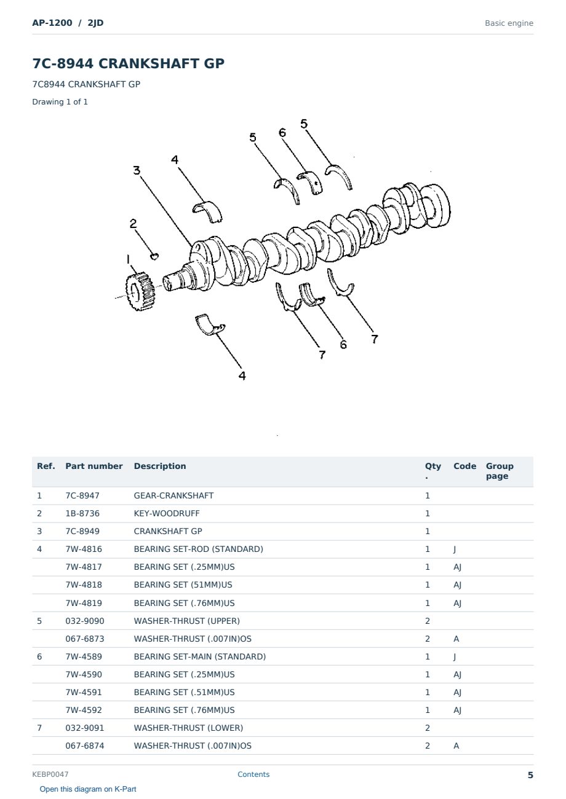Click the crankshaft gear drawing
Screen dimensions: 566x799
[x=140, y=291]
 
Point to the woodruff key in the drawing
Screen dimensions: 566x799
[x=154, y=256]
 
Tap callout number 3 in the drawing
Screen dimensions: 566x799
[x=137, y=170]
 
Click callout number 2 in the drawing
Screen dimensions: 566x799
[x=134, y=224]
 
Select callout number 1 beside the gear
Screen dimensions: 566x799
[x=128, y=259]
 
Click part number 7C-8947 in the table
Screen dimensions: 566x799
[x=82, y=495]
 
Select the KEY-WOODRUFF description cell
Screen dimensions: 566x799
[x=167, y=513]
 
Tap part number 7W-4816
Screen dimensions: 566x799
[x=84, y=549]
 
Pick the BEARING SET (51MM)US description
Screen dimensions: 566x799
[x=183, y=584]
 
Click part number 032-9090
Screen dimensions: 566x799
[x=85, y=621]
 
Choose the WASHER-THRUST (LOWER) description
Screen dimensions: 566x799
[x=188, y=728]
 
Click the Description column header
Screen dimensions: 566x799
[x=160, y=466]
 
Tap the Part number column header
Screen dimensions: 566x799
[x=94, y=466]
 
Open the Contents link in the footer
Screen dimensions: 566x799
[x=253, y=774]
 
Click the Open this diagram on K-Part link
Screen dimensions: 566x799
[x=88, y=789]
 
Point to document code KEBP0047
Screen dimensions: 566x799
[x=50, y=774]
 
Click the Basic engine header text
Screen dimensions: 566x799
[x=509, y=23]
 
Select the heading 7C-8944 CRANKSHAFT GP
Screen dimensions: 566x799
[x=128, y=63]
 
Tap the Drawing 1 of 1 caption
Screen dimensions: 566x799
[x=60, y=101]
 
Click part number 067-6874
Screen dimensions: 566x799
[x=85, y=746]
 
